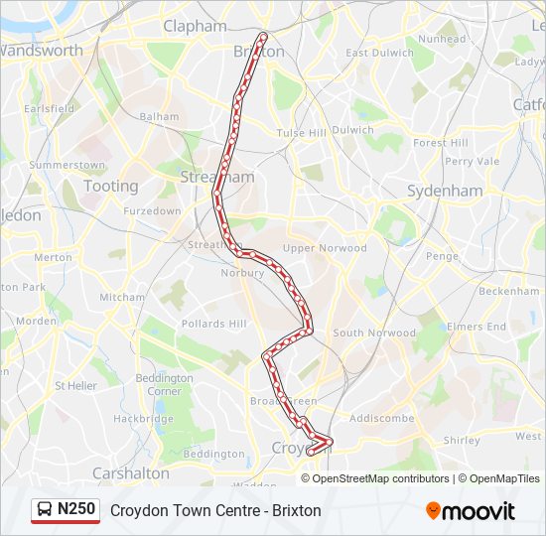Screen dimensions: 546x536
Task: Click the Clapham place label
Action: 195,27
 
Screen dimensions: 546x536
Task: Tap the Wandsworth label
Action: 42,50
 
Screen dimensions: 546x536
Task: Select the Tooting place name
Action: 111,186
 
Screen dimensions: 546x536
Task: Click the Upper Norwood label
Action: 325,248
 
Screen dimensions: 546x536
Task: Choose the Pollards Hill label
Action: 213,324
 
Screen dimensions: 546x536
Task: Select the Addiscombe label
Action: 381,418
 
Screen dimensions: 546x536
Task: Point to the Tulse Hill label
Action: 301,133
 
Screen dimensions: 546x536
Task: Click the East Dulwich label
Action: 379,53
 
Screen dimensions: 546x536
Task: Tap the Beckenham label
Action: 508,292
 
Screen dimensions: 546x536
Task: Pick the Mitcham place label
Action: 121,297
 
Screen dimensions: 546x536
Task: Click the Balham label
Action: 160,116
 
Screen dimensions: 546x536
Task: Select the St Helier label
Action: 74,385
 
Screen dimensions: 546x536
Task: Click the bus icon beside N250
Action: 45,510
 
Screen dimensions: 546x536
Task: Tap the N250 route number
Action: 76,509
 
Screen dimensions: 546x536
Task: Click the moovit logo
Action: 471,511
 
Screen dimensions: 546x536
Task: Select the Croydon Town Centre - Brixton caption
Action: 215,510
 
